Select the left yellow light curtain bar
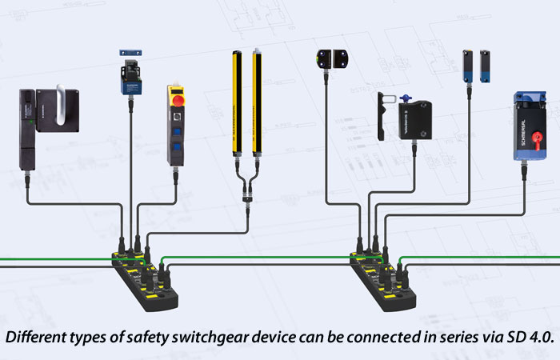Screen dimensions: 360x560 (238, 100)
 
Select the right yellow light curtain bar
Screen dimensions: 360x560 (258, 100)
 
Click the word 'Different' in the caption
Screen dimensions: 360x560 (34, 336)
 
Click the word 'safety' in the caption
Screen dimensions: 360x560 (149, 336)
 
